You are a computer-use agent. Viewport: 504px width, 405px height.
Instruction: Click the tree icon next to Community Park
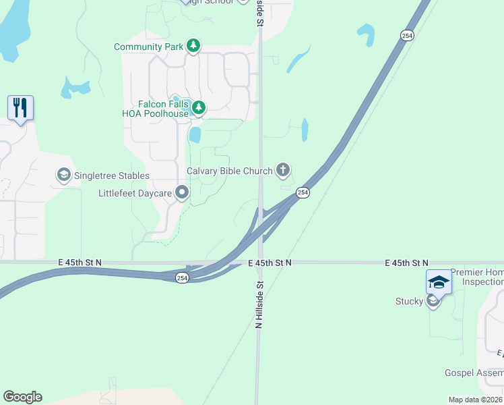click(x=193, y=46)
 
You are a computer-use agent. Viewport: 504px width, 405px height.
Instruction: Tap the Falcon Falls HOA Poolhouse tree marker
click(x=199, y=107)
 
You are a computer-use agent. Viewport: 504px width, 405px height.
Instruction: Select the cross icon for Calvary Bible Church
click(x=283, y=170)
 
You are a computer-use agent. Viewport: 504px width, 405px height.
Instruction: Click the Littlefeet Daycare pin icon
click(x=182, y=193)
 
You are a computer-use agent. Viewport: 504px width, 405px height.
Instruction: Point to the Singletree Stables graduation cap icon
click(x=63, y=175)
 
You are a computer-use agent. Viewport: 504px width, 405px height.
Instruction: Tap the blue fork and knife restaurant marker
click(x=20, y=107)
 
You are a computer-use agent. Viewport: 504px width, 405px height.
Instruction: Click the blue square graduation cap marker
click(x=438, y=281)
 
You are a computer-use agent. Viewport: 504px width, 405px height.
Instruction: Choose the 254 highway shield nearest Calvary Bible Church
click(x=303, y=193)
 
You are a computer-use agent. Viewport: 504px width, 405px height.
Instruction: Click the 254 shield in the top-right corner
click(x=406, y=35)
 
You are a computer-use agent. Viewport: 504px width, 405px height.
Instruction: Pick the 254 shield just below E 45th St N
click(x=182, y=277)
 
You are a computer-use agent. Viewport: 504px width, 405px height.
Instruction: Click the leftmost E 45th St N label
click(x=80, y=262)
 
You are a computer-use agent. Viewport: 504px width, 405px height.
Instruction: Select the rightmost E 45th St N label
click(x=406, y=262)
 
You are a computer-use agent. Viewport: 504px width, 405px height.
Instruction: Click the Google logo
click(x=22, y=397)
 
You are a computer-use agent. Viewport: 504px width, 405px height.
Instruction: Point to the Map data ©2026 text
click(x=475, y=400)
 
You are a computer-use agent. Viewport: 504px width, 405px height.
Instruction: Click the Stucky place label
click(x=409, y=301)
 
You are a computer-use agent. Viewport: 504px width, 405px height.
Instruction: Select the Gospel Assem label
click(x=474, y=373)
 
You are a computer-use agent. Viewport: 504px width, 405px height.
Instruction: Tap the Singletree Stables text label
click(x=111, y=175)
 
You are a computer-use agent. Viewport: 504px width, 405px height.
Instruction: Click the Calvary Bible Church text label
click(x=229, y=171)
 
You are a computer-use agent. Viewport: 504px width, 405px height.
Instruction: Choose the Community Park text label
click(x=148, y=47)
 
